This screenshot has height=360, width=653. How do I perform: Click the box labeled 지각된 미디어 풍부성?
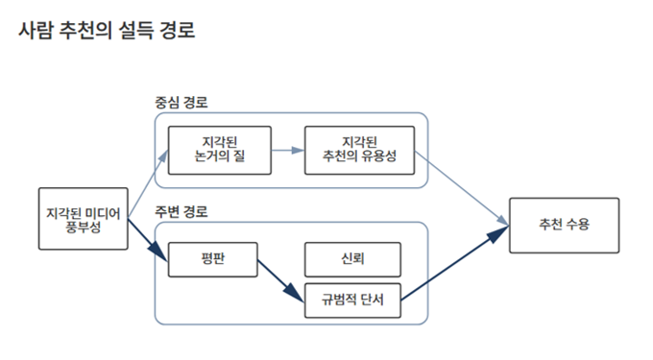[85, 218]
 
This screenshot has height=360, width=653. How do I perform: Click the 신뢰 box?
[351, 259]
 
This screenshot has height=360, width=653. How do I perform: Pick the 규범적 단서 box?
[352, 300]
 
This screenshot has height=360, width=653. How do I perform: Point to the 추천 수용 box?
[564, 225]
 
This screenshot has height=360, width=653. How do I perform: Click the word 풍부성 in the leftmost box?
[84, 227]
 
